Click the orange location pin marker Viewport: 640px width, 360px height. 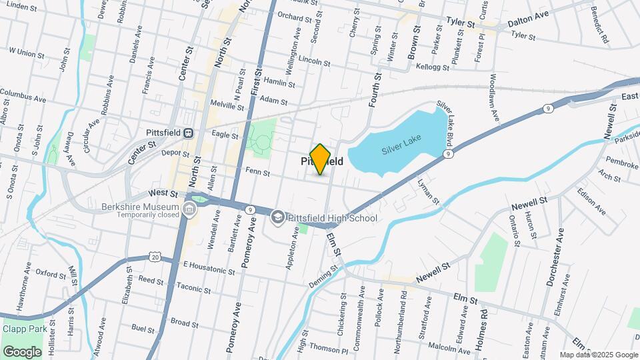[x=321, y=159]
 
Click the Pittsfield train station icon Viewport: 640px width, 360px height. [x=189, y=133]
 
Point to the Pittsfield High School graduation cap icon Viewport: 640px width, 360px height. [x=277, y=217]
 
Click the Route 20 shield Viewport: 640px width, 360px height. [x=155, y=256]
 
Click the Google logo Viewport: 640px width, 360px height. [x=22, y=351]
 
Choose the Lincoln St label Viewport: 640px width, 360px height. [x=315, y=61]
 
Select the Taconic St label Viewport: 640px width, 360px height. [x=193, y=289]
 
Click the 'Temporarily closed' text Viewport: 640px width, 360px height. [x=149, y=215]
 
